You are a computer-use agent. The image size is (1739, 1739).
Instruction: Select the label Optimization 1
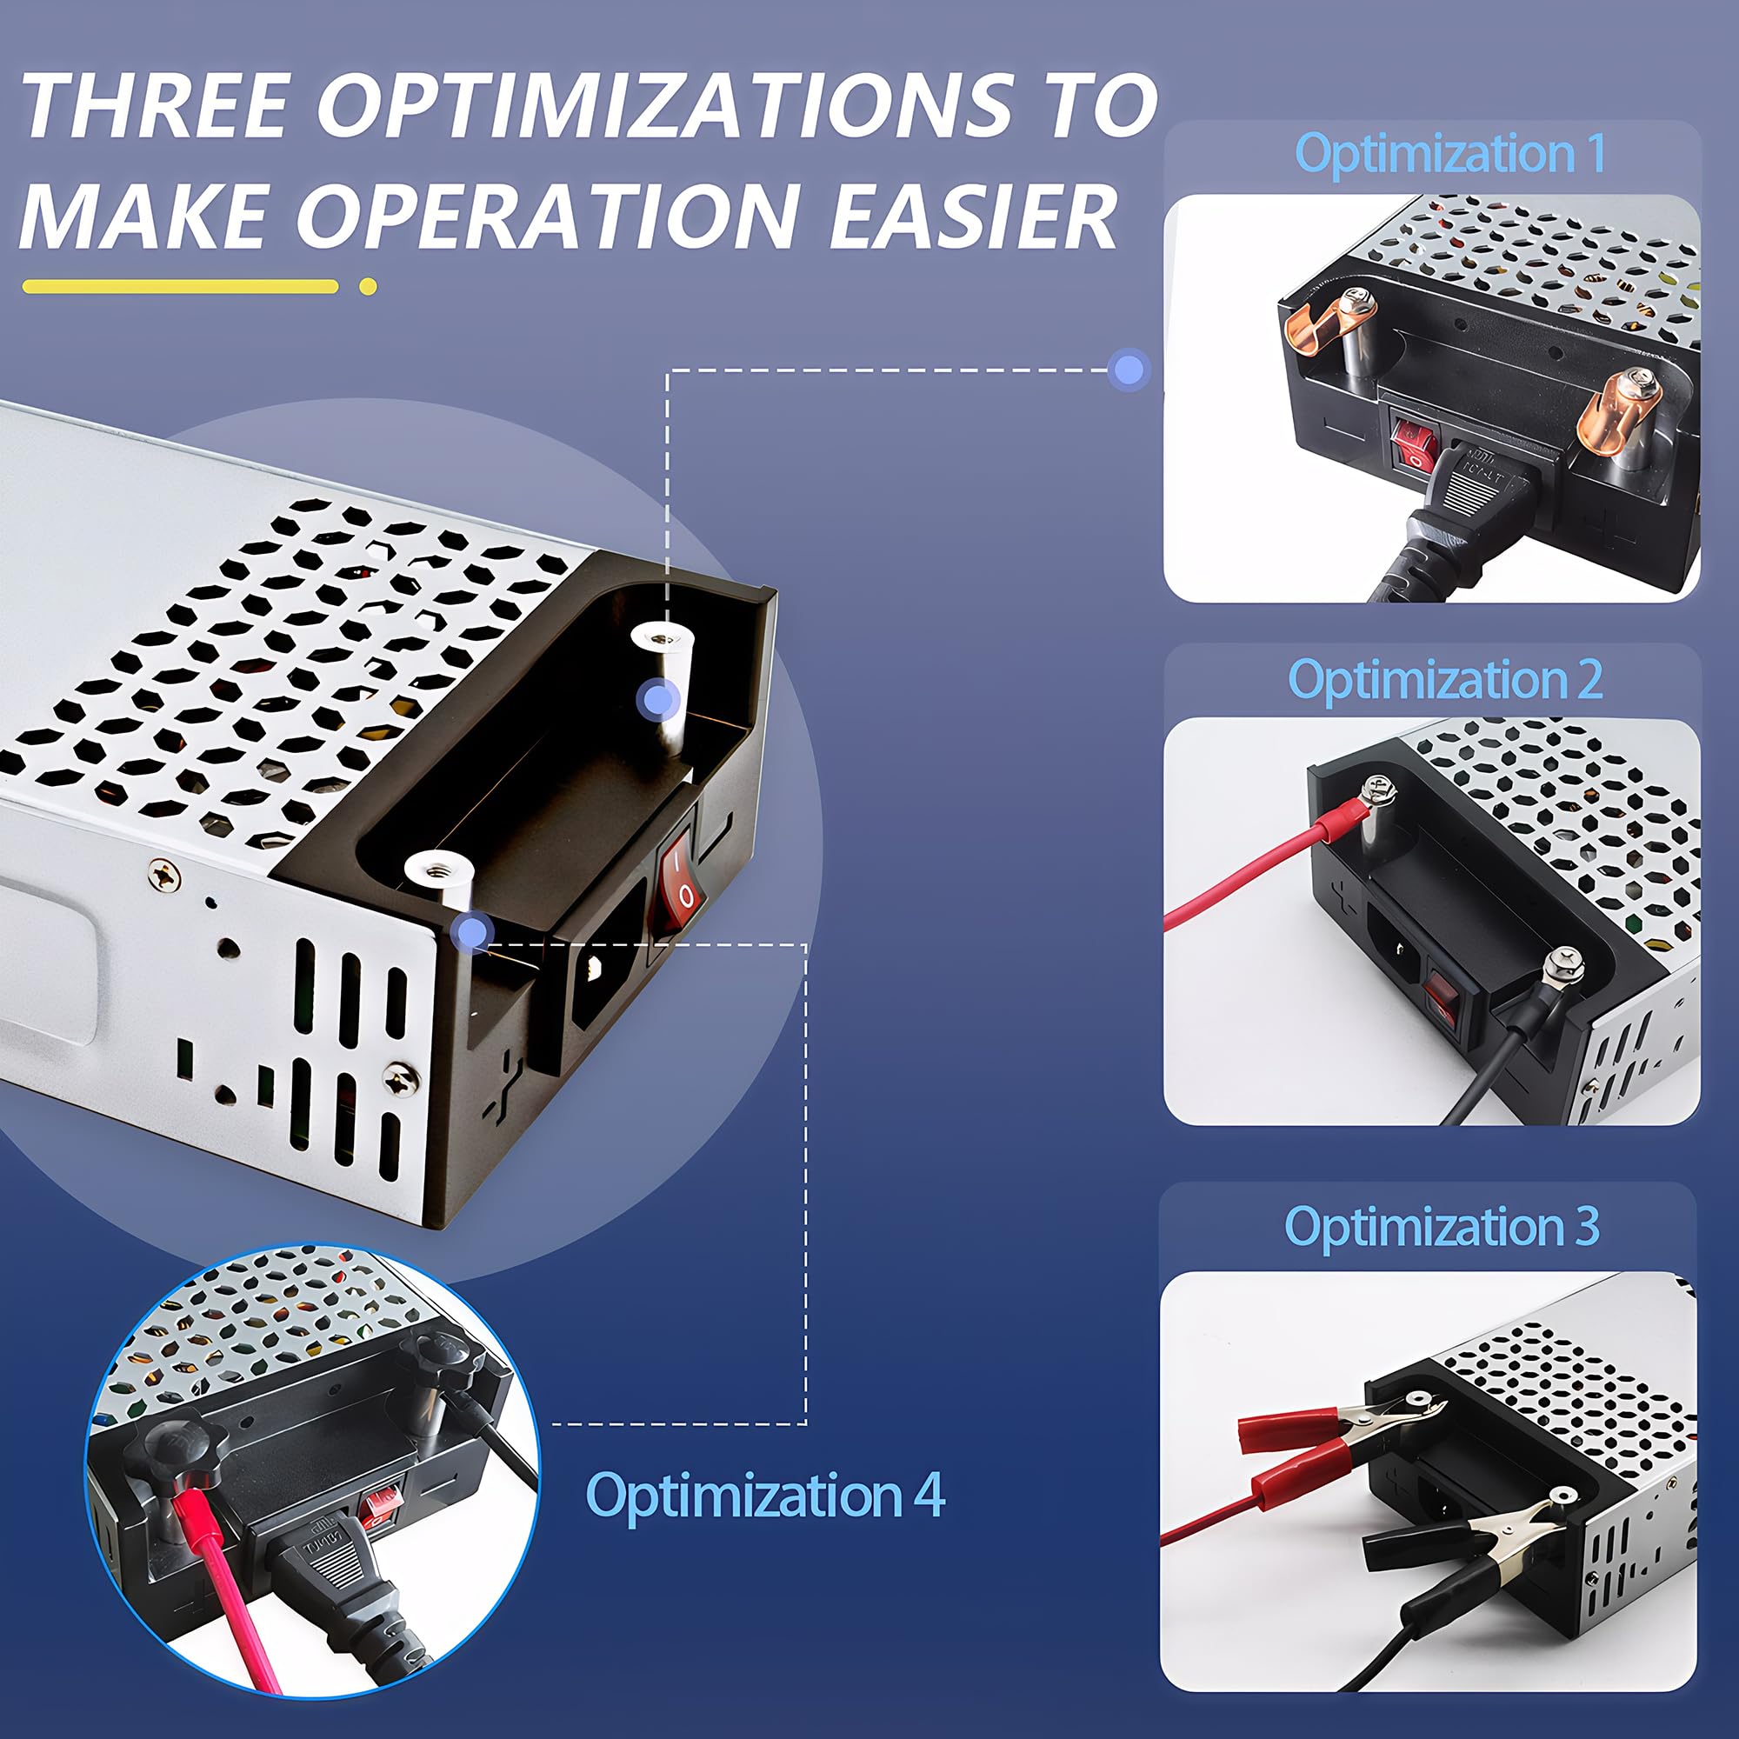(x=1449, y=153)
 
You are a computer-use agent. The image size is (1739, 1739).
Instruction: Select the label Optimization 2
(x=1444, y=679)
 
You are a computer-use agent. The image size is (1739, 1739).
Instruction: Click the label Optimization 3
(x=1441, y=1226)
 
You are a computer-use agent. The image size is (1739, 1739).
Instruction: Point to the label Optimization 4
(x=764, y=1495)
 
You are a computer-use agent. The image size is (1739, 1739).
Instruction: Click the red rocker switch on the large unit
(x=681, y=881)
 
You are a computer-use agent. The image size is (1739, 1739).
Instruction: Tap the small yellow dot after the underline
(x=367, y=287)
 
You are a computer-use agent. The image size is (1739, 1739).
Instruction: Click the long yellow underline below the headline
(x=180, y=287)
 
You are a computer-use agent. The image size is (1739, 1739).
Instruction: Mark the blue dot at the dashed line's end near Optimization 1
(x=1129, y=369)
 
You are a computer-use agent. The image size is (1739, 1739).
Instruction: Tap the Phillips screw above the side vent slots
(x=163, y=873)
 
